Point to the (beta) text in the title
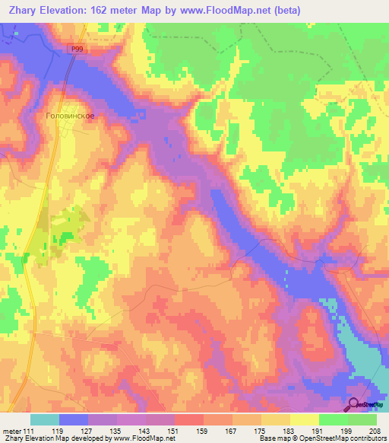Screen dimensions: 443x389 (286, 11)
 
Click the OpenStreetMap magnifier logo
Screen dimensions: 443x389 (354, 405)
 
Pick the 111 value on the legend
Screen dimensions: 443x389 (30, 431)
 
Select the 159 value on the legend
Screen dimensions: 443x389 (204, 431)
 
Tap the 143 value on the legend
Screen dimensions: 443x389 (147, 431)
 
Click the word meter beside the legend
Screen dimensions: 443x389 (12, 431)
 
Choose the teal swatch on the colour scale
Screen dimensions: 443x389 (45, 419)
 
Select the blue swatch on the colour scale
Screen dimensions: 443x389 (74, 419)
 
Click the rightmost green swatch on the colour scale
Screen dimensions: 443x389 (362, 419)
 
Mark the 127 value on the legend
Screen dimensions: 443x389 (88, 431)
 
